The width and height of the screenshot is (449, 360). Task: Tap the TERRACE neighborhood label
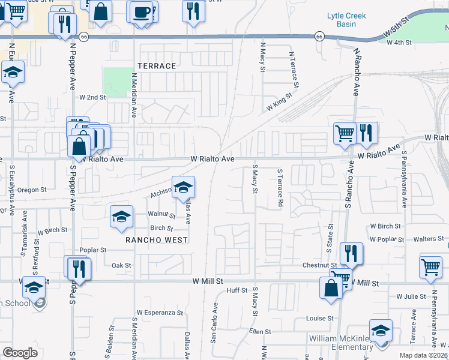pos(157,66)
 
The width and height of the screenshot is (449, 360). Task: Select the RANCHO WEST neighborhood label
pos(157,240)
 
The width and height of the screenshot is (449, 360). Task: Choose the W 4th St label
pos(399,43)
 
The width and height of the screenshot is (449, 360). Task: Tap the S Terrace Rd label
pos(280,188)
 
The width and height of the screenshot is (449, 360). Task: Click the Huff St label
pos(237,290)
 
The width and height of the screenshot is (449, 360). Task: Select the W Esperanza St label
pos(159,313)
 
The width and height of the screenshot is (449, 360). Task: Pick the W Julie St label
pos(411,296)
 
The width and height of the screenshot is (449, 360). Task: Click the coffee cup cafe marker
pos(141,12)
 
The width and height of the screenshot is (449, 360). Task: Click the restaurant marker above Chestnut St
pos(351,254)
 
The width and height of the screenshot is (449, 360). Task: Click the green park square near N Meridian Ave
pos(116,82)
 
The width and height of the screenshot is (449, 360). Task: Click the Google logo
pos(20,353)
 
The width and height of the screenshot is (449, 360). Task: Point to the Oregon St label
pos(32,190)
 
